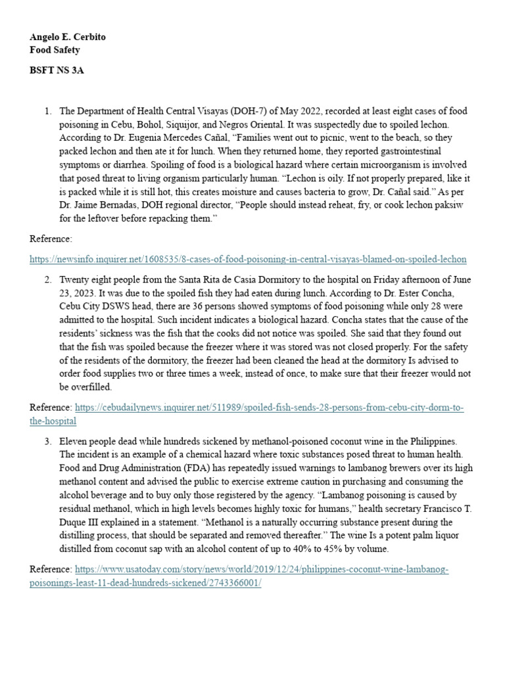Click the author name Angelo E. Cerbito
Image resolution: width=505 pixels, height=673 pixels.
pyautogui.click(x=68, y=37)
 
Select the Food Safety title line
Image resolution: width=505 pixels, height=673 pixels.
pyautogui.click(x=55, y=49)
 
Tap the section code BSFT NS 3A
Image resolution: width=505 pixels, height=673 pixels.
pyautogui.click(x=57, y=70)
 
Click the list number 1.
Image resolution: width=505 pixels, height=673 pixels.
pyautogui.click(x=47, y=111)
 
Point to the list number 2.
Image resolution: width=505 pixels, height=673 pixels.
pyautogui.click(x=47, y=279)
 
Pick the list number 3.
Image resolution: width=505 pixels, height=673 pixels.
pyautogui.click(x=47, y=441)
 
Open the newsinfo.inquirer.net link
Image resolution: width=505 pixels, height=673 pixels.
pyautogui.click(x=248, y=259)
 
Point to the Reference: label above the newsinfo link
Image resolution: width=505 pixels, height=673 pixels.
pyautogui.click(x=51, y=238)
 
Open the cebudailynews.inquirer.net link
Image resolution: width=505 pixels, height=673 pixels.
pyautogui.click(x=270, y=408)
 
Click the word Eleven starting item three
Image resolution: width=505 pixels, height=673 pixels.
pyautogui.click(x=74, y=441)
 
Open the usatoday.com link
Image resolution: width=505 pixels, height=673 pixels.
pyautogui.click(x=262, y=569)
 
